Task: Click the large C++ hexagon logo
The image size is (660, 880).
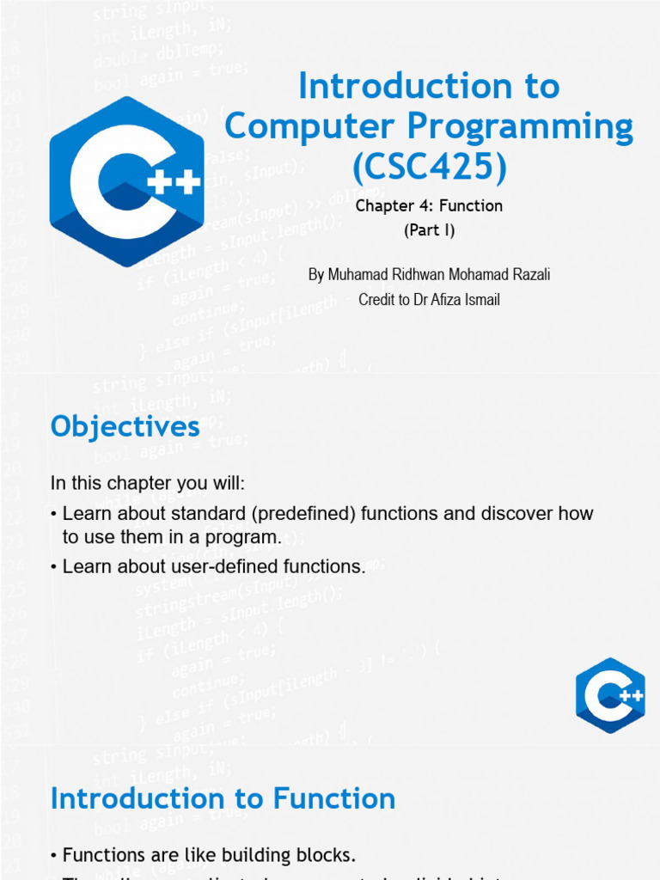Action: coord(126,181)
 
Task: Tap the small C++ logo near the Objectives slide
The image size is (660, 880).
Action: coord(610,695)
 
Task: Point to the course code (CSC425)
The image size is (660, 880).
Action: coord(429,168)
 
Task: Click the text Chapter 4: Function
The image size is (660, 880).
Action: coord(429,206)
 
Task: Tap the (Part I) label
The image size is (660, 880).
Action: coord(429,230)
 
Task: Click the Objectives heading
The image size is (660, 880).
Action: coord(125,427)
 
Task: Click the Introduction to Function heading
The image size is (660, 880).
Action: coord(223,798)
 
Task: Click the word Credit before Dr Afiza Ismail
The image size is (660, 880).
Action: coord(379,300)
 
